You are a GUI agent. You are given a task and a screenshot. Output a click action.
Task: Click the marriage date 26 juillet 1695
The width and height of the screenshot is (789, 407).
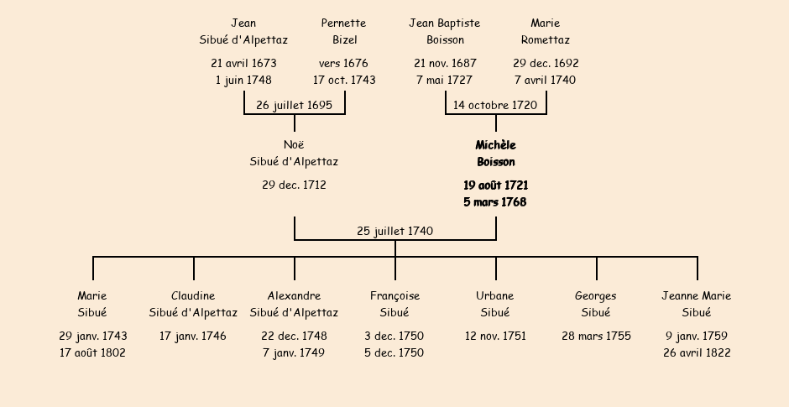(x=295, y=105)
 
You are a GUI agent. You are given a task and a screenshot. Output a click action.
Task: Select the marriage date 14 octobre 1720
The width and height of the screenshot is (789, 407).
(x=495, y=105)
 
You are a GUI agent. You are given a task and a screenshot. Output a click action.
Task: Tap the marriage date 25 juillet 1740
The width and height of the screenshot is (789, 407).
(x=395, y=231)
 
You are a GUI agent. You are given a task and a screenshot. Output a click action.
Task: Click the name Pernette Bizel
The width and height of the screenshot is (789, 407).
(x=344, y=31)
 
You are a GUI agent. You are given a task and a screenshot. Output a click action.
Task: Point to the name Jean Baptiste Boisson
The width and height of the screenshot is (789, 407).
(x=445, y=31)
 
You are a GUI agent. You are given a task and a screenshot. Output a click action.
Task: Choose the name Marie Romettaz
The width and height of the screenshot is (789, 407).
(x=546, y=31)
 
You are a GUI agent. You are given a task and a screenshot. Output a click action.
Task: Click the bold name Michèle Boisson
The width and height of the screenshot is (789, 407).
(x=495, y=154)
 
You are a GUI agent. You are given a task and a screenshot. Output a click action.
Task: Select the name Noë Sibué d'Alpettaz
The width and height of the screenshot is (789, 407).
(x=295, y=154)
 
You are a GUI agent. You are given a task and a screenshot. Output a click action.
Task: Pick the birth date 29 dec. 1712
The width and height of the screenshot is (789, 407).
(x=295, y=185)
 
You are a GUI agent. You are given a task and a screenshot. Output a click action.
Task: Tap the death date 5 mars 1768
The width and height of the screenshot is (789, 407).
(x=495, y=201)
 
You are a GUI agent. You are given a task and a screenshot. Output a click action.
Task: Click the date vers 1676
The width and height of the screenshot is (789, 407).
(x=343, y=64)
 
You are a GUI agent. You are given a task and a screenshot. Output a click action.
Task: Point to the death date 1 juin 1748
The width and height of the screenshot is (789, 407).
(x=243, y=80)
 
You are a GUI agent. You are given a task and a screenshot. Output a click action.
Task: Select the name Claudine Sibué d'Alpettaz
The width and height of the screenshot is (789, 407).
(x=193, y=304)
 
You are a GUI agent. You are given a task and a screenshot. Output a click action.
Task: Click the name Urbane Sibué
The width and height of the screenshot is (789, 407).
(x=495, y=304)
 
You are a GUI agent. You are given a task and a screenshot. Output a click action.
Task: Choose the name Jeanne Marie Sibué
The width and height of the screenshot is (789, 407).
(x=697, y=304)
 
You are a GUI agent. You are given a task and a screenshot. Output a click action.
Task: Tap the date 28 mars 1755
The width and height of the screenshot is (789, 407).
(x=596, y=336)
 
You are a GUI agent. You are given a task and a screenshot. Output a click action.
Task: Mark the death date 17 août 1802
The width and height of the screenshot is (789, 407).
(x=92, y=352)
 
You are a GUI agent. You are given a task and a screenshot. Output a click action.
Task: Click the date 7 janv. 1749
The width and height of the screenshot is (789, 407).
(x=294, y=352)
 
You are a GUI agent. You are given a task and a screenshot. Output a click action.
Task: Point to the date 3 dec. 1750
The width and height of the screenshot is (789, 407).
(x=394, y=336)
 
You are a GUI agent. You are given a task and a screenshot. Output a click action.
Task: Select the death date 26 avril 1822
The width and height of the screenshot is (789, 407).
(x=697, y=352)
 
